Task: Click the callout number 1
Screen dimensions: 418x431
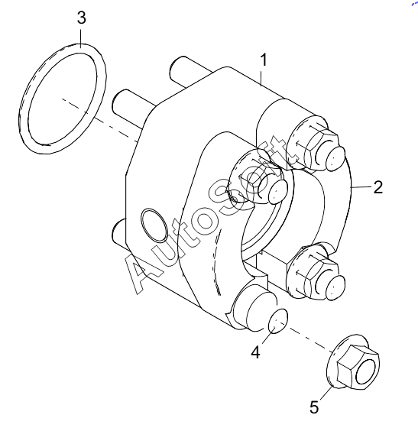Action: (264, 60)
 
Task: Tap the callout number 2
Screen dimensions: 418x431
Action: (378, 187)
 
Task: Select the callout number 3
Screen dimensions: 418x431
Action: (81, 18)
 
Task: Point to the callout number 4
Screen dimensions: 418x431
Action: (255, 352)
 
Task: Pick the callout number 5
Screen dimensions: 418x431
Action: (314, 407)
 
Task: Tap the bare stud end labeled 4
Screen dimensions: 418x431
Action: (277, 320)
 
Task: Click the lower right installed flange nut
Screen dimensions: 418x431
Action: (315, 271)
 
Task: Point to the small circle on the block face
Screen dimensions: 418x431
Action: (154, 225)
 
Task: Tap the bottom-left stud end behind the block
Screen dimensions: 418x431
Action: (118, 234)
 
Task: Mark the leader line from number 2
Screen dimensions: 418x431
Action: (361, 187)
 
